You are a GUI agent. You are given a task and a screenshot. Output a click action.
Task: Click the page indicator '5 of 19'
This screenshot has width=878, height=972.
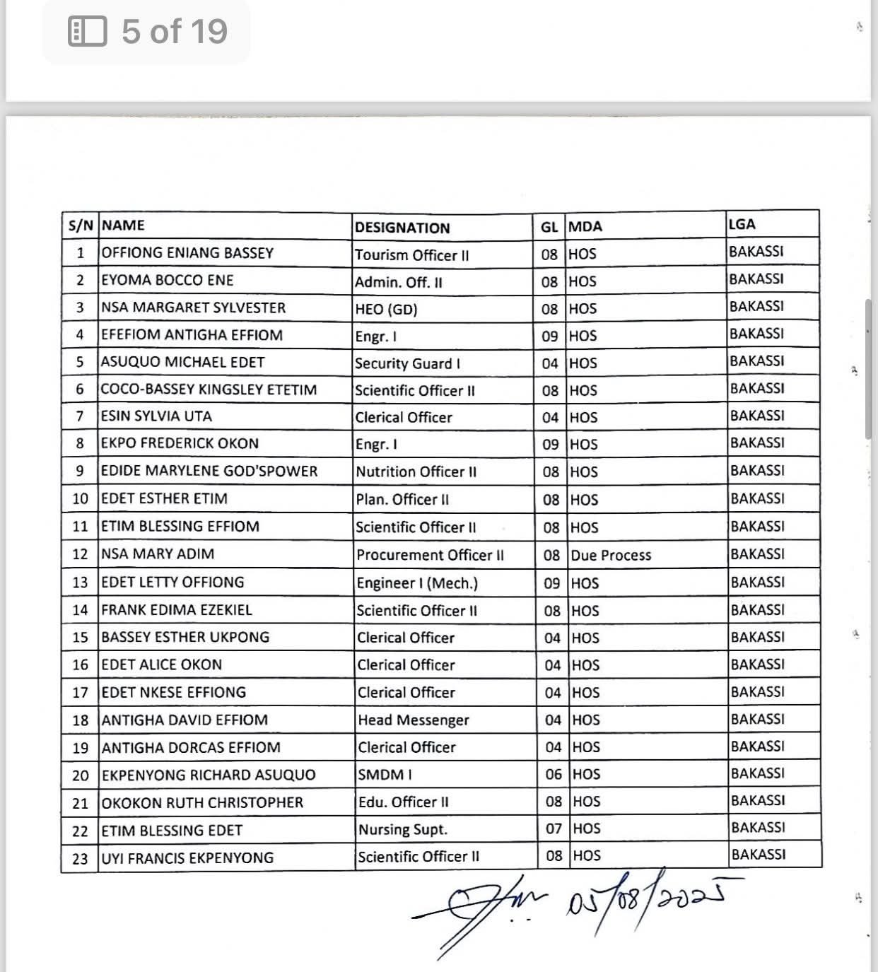point(174,32)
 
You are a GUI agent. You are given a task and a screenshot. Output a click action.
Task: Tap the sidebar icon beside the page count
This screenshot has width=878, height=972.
point(88,32)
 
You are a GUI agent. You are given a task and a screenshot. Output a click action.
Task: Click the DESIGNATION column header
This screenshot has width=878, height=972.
point(402,228)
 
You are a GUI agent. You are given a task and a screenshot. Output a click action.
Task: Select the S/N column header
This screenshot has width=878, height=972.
point(81,226)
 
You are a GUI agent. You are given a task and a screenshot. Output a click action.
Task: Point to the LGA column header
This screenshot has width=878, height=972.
point(742,224)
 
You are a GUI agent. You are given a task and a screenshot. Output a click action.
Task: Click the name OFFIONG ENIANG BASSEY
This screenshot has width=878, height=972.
point(187,253)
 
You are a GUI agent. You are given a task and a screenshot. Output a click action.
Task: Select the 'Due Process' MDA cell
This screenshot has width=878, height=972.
point(611,555)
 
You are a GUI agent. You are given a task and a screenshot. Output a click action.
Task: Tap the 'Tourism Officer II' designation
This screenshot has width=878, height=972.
point(412,255)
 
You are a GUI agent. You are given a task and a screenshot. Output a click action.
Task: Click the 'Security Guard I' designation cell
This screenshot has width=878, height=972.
point(408,363)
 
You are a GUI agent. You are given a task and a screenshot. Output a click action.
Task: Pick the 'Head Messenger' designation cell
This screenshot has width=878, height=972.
point(414,720)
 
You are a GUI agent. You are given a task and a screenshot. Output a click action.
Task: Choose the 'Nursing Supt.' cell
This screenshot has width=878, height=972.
point(403,829)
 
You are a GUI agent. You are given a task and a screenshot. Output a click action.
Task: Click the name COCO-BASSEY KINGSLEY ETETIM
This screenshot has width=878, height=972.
point(209,390)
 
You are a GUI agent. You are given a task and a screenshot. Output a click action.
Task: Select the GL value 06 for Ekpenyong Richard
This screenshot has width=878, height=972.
point(554,774)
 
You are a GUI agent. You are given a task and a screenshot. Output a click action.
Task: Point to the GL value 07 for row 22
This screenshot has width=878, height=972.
point(554,828)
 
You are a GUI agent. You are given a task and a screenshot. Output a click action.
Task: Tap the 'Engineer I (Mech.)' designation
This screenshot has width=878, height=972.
point(417,583)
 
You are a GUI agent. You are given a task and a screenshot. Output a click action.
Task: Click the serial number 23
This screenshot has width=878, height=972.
point(81,858)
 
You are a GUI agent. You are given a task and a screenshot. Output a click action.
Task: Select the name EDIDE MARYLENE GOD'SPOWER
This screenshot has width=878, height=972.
point(209,472)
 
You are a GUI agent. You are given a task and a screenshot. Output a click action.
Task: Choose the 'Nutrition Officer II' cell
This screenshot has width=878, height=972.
point(416,472)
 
